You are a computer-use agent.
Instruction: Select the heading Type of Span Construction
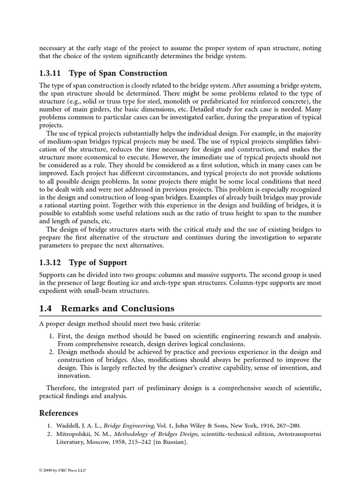click(118, 73)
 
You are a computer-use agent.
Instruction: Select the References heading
click(59, 413)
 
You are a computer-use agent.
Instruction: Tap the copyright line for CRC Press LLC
click(62, 470)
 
